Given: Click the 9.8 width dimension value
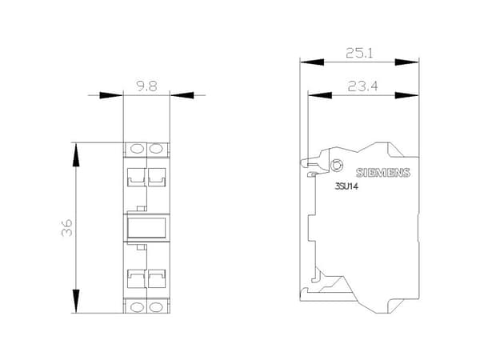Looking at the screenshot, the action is (146, 86).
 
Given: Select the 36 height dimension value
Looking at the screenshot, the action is (67, 227).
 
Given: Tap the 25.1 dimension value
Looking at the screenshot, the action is (359, 53).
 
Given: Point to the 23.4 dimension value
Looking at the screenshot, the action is (362, 86).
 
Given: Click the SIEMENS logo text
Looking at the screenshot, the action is (383, 173).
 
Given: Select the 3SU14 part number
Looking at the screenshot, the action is (346, 186).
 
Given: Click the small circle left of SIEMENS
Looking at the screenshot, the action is (336, 166).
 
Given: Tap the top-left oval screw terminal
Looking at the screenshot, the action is (137, 149).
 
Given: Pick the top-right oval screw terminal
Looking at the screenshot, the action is (156, 149).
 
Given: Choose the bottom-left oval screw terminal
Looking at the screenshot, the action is (137, 306).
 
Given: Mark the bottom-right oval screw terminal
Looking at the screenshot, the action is (156, 306).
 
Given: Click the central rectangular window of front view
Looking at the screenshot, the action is (146, 227).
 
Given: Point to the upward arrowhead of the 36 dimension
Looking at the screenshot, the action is (76, 155).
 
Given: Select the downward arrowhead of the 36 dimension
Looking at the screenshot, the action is (76, 301).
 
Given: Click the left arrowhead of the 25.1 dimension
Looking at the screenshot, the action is (312, 62).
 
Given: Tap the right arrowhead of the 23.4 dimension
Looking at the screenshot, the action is (406, 95).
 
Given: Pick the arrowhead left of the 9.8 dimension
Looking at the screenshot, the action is (111, 95).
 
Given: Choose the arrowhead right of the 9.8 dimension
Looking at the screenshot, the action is (182, 95).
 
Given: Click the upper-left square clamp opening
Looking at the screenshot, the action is (136, 178).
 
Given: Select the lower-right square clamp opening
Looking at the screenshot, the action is (157, 278).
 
